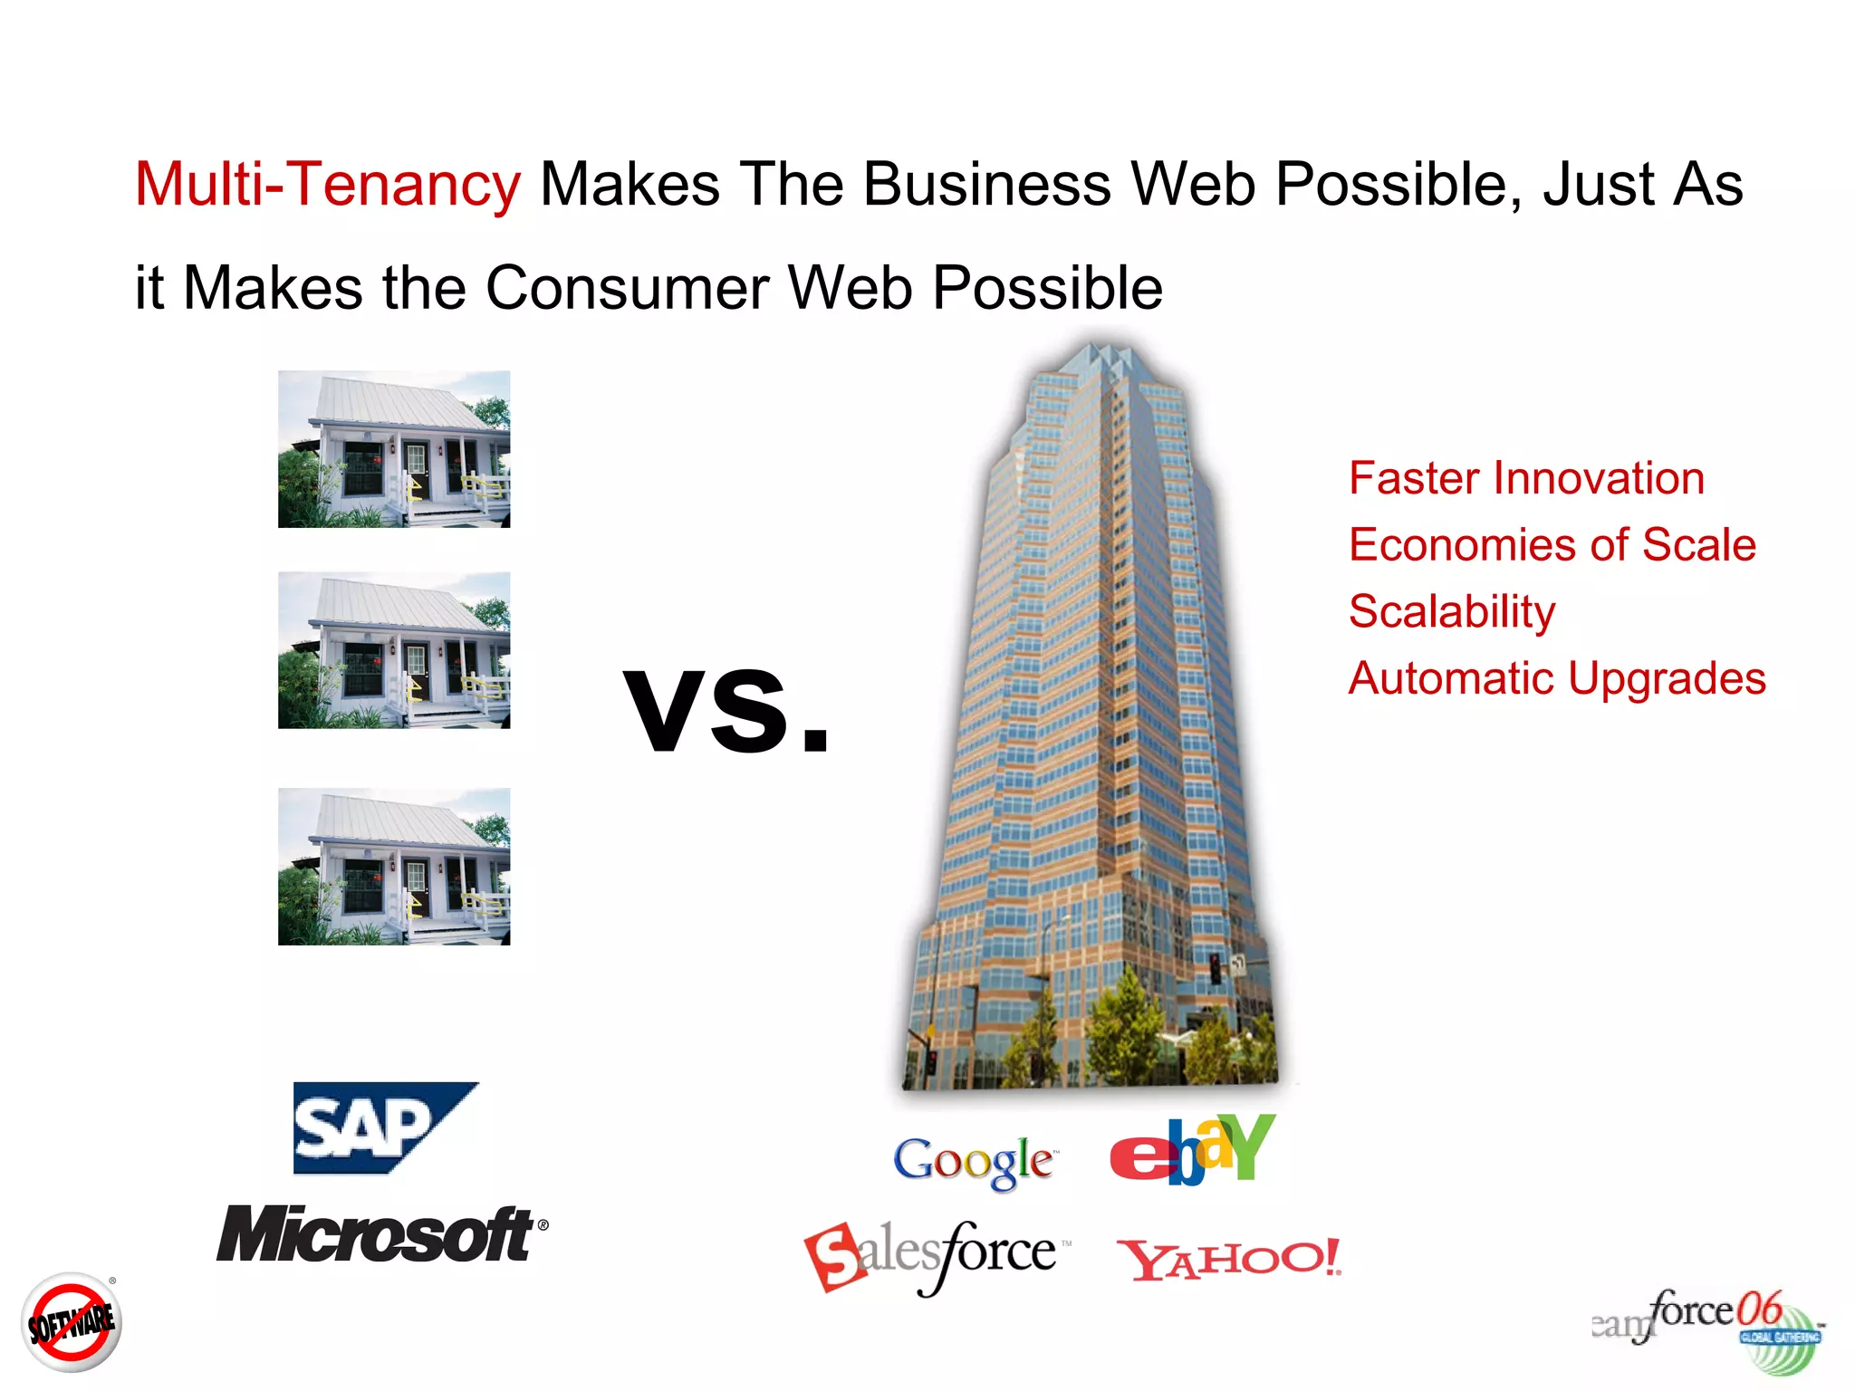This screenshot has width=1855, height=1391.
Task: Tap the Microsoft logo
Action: point(380,1233)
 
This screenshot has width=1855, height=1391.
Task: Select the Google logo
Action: point(974,1161)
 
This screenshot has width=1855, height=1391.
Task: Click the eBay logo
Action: point(1192,1150)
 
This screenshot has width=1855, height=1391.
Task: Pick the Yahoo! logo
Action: point(1229,1260)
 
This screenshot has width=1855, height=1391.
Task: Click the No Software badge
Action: point(72,1323)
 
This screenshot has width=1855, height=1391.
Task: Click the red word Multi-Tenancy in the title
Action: point(328,185)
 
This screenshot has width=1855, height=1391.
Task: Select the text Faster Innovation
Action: point(1526,478)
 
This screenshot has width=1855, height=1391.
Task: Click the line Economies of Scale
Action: point(1552,545)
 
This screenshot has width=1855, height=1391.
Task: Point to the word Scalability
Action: point(1451,611)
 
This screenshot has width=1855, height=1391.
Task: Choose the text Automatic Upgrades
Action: point(1556,678)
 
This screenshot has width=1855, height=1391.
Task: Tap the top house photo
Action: point(394,449)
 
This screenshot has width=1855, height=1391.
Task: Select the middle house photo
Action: point(394,650)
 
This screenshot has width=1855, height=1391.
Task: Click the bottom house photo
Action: point(394,867)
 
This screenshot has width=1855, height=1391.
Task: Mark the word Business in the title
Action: point(986,185)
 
